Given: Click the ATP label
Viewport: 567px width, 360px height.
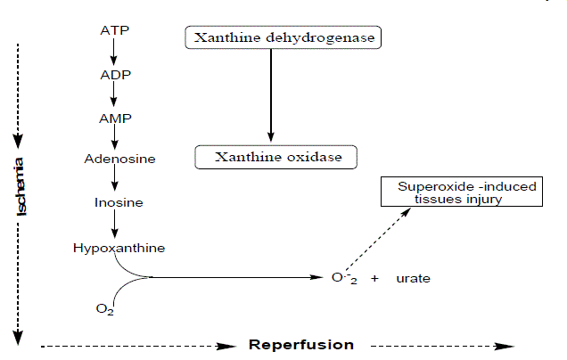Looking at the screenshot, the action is pos(115,30).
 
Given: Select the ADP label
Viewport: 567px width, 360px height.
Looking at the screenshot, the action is pos(115,75).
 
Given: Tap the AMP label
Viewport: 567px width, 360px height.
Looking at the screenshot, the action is pos(115,119).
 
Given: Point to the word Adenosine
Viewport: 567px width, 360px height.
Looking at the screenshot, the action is pos(119,159).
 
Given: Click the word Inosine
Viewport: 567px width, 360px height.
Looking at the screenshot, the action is pos(119,203).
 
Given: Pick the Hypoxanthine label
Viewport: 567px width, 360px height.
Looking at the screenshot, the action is pos(119,249).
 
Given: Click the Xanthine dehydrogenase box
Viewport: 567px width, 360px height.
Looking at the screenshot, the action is pos(283,37).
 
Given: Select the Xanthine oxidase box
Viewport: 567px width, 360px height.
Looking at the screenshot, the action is pos(275,157).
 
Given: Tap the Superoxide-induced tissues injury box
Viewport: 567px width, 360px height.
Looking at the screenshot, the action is pos(462,192).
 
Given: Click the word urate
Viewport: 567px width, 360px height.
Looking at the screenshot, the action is pos(414,279).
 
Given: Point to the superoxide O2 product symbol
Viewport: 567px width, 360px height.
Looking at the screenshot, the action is pos(344,278).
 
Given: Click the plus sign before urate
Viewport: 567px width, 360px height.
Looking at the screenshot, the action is pos(374,278).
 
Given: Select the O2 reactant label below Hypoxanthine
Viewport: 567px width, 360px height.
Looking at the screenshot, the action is pos(105,309).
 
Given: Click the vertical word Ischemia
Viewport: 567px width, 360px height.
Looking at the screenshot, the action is pos(20,186).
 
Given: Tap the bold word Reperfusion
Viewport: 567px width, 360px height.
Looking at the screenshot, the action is pos(301,345).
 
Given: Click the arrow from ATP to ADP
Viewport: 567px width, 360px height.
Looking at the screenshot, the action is pos(113,52).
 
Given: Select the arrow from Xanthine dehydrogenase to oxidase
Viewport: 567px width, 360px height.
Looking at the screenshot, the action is pos(271,95).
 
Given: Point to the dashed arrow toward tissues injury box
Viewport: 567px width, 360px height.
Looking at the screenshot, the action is pos(378,239).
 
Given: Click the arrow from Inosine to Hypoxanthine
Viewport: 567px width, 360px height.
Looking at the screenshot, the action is pos(115,224).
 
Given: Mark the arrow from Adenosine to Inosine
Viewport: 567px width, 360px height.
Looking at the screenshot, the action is pos(115,178).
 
